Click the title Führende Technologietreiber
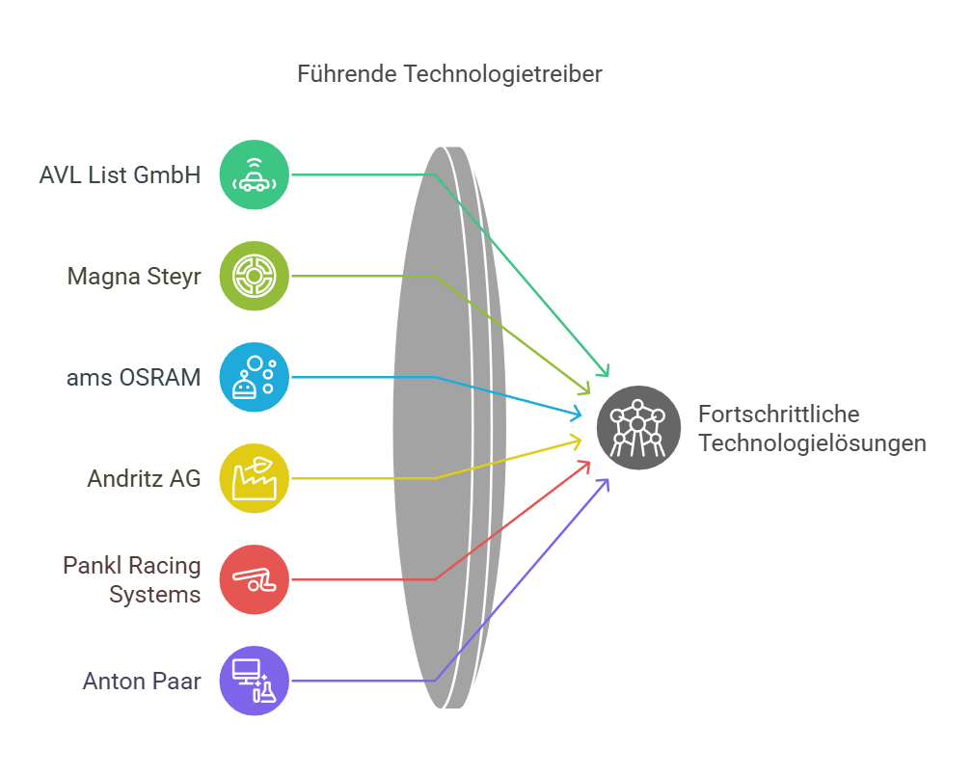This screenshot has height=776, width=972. (449, 74)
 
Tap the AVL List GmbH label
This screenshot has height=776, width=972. (120, 175)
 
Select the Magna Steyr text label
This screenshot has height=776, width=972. (134, 277)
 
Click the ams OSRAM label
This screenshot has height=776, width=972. (134, 377)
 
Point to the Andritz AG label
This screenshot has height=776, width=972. (144, 478)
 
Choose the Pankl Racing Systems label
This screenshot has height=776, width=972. (132, 579)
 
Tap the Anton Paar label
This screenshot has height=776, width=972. (142, 682)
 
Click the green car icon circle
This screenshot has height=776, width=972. (254, 174)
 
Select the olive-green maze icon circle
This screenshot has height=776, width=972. (254, 276)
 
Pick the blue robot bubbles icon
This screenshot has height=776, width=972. (254, 377)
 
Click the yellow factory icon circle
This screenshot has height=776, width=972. (254, 478)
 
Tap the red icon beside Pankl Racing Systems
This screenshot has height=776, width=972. (254, 579)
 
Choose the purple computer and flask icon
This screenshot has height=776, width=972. (254, 681)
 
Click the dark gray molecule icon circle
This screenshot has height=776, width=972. (638, 427)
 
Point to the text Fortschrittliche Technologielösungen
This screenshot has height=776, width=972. (812, 428)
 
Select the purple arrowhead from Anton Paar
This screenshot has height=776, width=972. (606, 482)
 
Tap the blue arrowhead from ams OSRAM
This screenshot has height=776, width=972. (577, 415)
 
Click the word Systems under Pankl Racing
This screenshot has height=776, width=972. (154, 595)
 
